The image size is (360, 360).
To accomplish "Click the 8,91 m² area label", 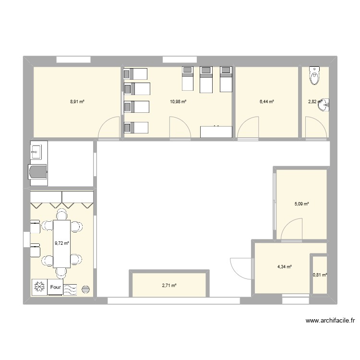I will (x=77, y=102).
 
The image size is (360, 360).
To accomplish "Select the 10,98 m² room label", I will (x=178, y=102).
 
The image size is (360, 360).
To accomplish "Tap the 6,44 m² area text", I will (x=267, y=102).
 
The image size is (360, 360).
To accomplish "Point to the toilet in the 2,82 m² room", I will (x=315, y=75).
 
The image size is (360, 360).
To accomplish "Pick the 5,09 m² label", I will (x=301, y=204).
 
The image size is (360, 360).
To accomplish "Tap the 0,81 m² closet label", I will (x=320, y=275).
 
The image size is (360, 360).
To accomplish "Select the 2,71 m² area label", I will (x=169, y=286).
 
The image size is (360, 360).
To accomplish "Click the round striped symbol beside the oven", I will (x=86, y=289).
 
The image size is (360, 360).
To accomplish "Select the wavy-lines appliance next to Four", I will (x=71, y=288).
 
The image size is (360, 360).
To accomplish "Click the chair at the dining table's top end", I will (x=61, y=213).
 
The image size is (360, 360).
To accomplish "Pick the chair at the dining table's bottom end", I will (x=61, y=273).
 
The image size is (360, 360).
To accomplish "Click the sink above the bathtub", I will (x=36, y=153).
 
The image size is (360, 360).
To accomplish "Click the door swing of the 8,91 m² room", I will (x=109, y=128).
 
